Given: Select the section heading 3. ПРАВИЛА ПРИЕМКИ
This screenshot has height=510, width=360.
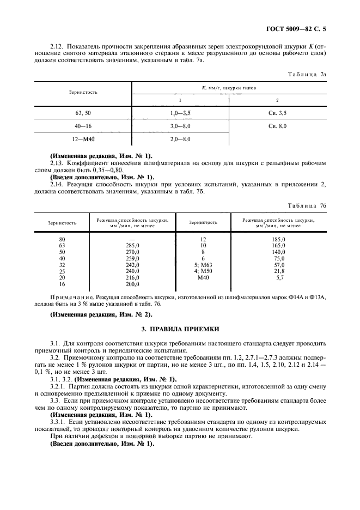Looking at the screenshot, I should (180, 329).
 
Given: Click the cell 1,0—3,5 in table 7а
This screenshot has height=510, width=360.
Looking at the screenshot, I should (180, 112).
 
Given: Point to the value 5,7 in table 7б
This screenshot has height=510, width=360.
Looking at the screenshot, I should (279, 277).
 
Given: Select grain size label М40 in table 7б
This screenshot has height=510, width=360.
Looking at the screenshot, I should (203, 277).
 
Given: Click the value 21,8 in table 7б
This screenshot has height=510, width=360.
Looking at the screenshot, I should (279, 271).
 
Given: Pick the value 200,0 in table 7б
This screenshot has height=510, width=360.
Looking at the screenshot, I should (132, 284).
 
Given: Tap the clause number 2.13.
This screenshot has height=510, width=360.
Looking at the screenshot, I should (57, 163).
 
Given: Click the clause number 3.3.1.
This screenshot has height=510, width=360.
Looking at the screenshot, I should (58, 422).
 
